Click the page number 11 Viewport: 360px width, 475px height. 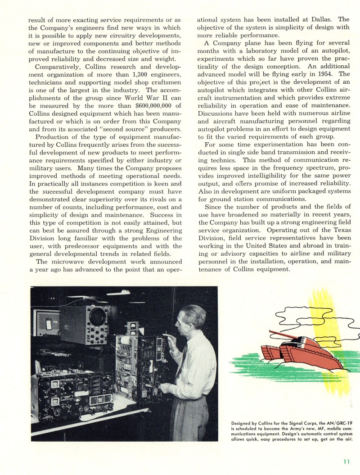(346, 461)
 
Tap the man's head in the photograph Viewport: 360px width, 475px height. (192, 318)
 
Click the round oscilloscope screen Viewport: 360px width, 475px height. (98, 318)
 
